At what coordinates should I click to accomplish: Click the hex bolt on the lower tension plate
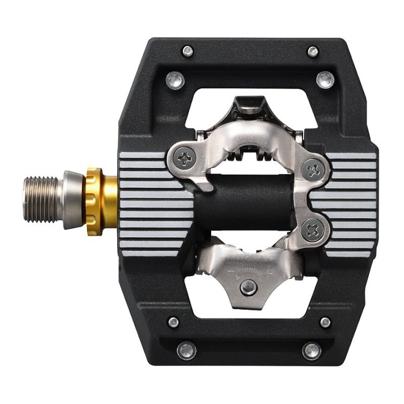click(x=247, y=288)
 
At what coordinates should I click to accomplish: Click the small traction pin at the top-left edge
click(x=188, y=50)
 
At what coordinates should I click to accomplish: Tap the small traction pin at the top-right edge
click(x=313, y=50)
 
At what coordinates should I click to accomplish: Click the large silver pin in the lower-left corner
click(x=186, y=350)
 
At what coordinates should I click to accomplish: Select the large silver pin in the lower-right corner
click(x=312, y=350)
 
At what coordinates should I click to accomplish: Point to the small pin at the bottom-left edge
click(x=173, y=322)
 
